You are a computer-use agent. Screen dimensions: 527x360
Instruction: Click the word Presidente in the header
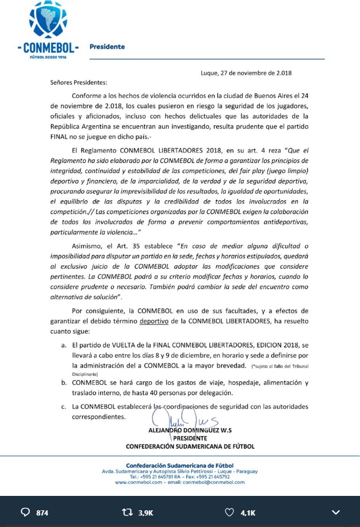pos(107,47)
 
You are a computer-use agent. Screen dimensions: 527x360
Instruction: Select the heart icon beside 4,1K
pos(229,512)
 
